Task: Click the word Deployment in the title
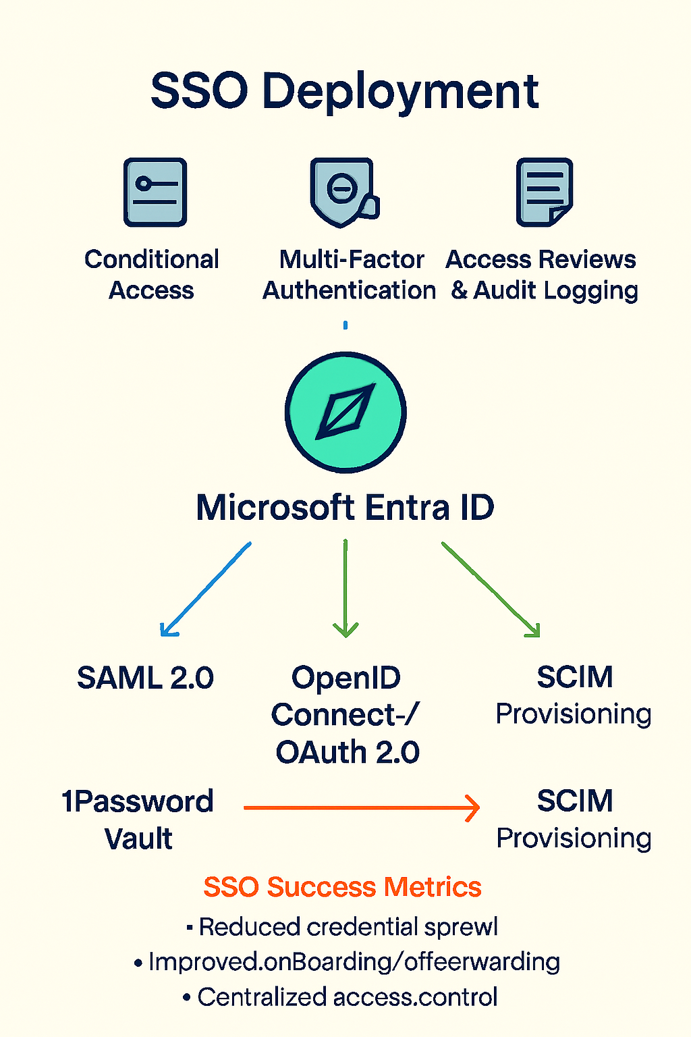(400, 92)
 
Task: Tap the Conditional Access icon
(155, 192)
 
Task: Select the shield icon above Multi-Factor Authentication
(342, 192)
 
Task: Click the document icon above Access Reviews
(544, 192)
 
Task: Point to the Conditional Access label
(152, 275)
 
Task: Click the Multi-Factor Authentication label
(350, 275)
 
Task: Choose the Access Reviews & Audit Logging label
(542, 275)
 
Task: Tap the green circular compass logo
(345, 412)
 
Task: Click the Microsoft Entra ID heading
(345, 508)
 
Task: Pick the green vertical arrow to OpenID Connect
(345, 587)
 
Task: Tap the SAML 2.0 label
(145, 678)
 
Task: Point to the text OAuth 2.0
(348, 752)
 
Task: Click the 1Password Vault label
(138, 820)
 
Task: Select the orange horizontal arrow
(361, 807)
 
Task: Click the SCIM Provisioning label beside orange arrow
(574, 819)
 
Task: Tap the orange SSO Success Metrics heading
(343, 887)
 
